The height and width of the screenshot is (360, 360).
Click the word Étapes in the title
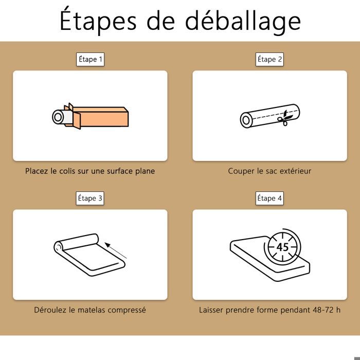point(98,20)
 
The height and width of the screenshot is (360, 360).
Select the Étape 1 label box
point(90,60)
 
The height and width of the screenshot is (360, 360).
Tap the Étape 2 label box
point(269,60)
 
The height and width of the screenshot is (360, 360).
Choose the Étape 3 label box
point(90,198)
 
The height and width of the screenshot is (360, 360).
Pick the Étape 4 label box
point(269,198)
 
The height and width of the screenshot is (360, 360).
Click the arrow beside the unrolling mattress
point(116,250)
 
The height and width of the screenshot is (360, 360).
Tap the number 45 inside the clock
point(282,247)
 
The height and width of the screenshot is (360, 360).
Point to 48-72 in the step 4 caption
point(323,310)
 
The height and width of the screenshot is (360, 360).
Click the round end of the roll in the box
point(58,117)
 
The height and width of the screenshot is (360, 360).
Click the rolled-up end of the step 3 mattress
point(59,247)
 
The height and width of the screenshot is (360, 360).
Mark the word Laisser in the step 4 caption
point(211,310)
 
